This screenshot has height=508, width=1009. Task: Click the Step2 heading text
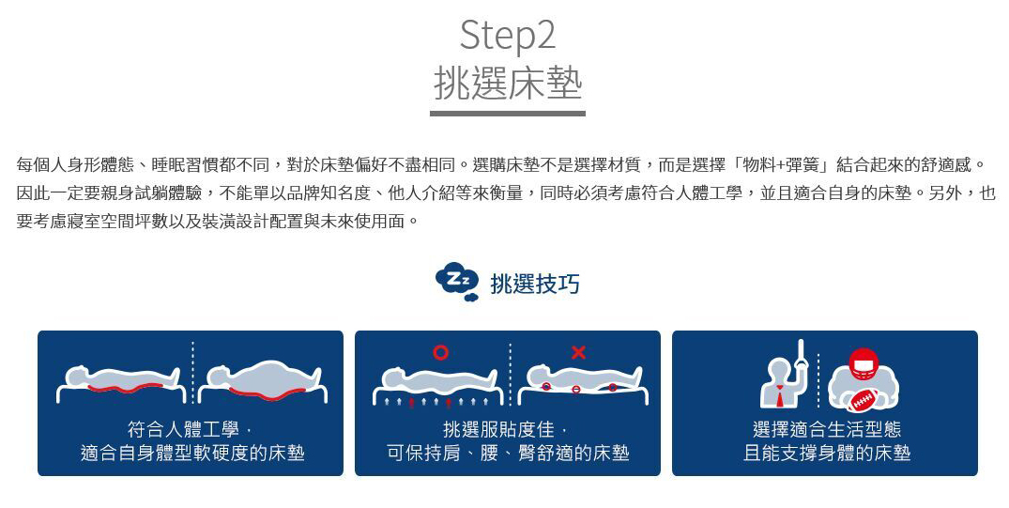(x=507, y=36)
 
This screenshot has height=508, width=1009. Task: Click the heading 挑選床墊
(x=508, y=84)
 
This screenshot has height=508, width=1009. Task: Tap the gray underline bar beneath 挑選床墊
(x=508, y=114)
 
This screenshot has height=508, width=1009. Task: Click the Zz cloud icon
(x=457, y=282)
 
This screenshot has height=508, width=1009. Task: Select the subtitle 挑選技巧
(x=535, y=284)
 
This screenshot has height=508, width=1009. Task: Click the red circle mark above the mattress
(x=440, y=352)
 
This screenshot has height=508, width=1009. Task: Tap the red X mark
(x=578, y=352)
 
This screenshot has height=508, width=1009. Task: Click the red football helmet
(x=864, y=363)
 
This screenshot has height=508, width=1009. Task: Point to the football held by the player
(x=863, y=400)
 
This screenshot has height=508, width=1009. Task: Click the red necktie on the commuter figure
(x=780, y=395)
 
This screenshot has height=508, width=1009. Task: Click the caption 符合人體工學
(x=183, y=429)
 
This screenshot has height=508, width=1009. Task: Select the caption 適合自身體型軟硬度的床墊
(x=192, y=454)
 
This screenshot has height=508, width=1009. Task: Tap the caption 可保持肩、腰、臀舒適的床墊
(x=508, y=454)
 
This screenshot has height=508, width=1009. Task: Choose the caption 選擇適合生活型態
(x=827, y=429)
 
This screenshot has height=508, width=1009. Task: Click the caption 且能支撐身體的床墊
(x=827, y=454)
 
